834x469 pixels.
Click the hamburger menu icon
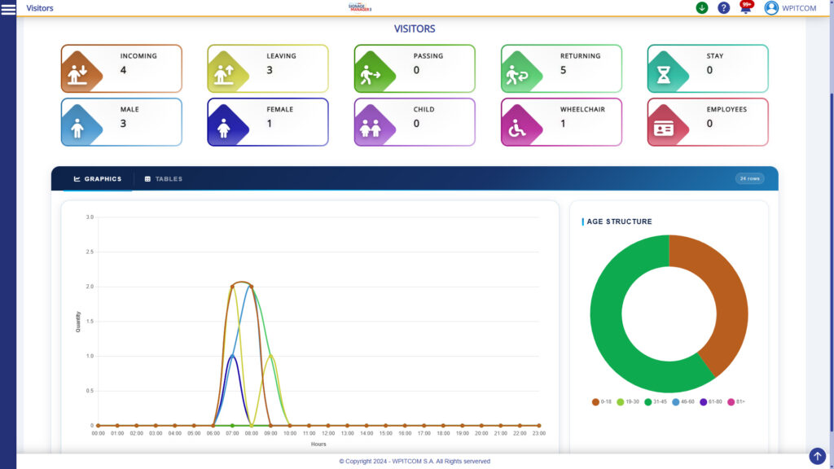(9, 8)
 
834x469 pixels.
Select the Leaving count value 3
(270, 70)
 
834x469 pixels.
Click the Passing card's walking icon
(371, 76)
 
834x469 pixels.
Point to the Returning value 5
(563, 70)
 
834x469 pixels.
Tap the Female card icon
(225, 129)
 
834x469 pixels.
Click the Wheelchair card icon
(518, 129)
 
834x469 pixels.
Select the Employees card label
(726, 109)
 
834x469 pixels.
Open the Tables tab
(164, 179)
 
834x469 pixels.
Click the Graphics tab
(98, 179)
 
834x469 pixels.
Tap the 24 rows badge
(749, 178)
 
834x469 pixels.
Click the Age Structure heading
(619, 221)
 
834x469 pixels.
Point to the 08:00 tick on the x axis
(252, 433)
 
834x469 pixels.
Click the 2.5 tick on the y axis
(90, 252)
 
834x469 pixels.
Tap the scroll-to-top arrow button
(817, 456)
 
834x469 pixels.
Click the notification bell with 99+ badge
(745, 8)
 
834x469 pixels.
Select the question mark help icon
(723, 8)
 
